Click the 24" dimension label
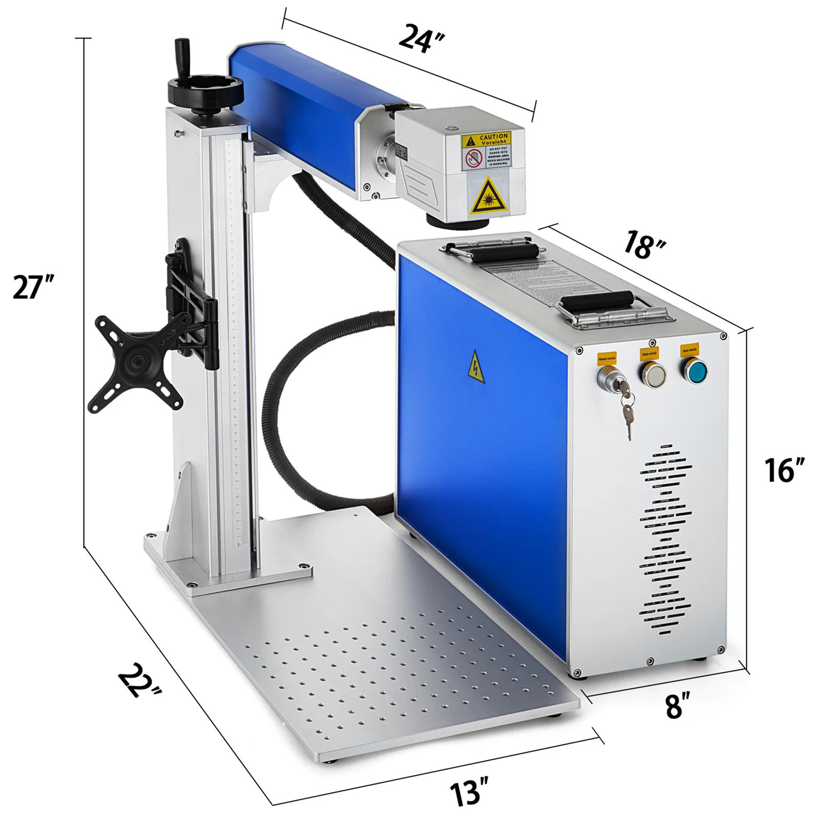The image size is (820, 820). [421, 38]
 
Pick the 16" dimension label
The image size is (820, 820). [785, 470]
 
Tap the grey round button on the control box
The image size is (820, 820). [652, 375]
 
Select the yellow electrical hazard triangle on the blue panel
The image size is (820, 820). [476, 366]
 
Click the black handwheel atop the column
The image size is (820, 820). [205, 93]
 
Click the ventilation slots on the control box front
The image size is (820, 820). [665, 538]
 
